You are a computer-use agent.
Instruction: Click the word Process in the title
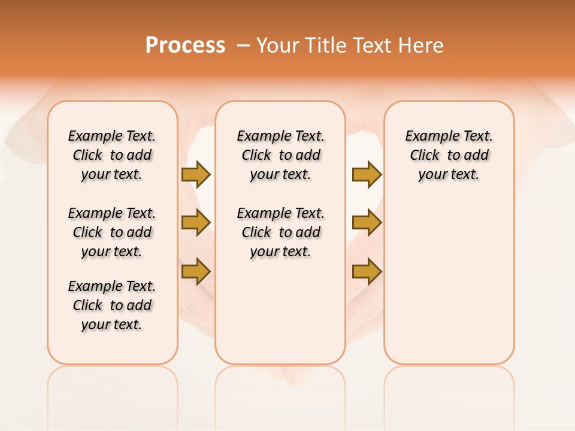pyautogui.click(x=185, y=45)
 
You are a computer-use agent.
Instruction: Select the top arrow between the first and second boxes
pyautogui.click(x=196, y=175)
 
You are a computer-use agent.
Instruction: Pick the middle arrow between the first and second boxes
pyautogui.click(x=196, y=223)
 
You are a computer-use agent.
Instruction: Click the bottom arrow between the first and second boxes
pyautogui.click(x=196, y=271)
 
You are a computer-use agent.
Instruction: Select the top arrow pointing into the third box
pyautogui.click(x=367, y=175)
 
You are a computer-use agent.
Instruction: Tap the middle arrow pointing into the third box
pyautogui.click(x=367, y=223)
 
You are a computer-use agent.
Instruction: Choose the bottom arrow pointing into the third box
pyautogui.click(x=367, y=271)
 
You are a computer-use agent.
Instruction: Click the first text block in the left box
pyautogui.click(x=112, y=155)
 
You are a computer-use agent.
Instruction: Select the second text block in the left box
pyautogui.click(x=112, y=232)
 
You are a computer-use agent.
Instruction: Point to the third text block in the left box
pyautogui.click(x=112, y=305)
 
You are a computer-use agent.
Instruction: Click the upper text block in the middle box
pyautogui.click(x=280, y=155)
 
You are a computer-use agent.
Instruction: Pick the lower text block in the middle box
pyautogui.click(x=280, y=232)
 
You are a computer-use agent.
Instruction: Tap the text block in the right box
pyautogui.click(x=449, y=155)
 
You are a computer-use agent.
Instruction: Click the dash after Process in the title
pyautogui.click(x=243, y=45)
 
